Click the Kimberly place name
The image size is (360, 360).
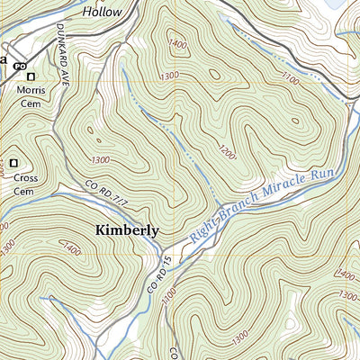[127, 230]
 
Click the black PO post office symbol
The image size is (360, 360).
[20, 66]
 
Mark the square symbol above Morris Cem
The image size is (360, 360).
[31, 76]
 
